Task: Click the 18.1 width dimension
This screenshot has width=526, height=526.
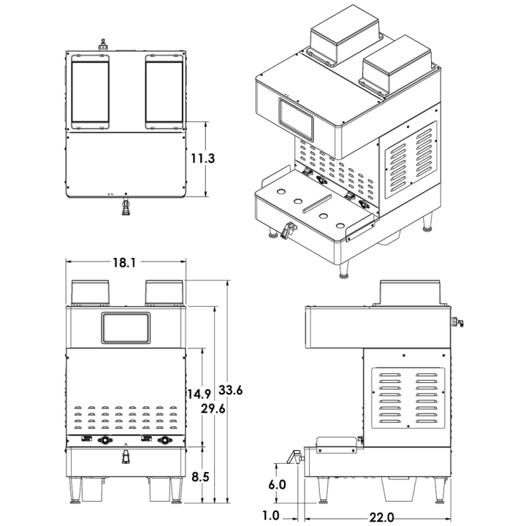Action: (x=124, y=263)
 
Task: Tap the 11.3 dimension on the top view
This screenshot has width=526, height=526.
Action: (x=202, y=158)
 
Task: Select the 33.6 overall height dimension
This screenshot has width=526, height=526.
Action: (x=230, y=390)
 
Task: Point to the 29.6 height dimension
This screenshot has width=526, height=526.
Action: (x=213, y=408)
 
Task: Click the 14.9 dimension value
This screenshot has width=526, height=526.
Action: (x=199, y=394)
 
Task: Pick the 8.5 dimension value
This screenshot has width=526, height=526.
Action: (x=200, y=476)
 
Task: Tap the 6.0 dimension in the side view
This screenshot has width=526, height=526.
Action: (x=277, y=484)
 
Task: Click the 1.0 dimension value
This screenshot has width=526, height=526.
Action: (x=270, y=516)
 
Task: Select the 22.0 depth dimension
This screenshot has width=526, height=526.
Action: (x=381, y=517)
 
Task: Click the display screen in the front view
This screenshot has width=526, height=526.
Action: (x=126, y=328)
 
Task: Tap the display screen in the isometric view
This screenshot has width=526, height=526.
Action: (x=296, y=119)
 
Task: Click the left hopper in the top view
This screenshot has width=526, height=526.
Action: (x=91, y=91)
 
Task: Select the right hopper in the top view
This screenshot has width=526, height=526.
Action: (x=164, y=91)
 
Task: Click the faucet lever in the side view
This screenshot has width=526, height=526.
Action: (x=294, y=457)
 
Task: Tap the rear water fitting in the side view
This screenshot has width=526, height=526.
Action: (x=457, y=321)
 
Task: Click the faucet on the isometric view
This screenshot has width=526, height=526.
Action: (x=288, y=230)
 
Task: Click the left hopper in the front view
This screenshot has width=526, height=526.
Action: (x=91, y=293)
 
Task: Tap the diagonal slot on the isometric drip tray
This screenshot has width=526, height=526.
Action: (x=317, y=203)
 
